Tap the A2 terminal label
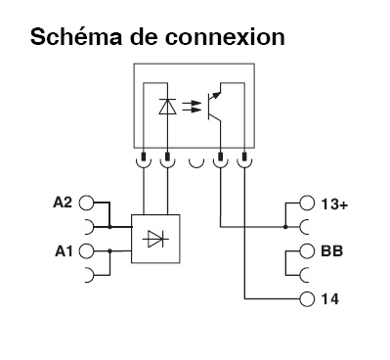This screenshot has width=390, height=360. point(61,203)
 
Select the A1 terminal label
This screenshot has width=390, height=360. point(61,250)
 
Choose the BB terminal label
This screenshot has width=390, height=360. point(330,250)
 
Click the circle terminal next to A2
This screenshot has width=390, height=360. point(86,203)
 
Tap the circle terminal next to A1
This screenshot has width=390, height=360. point(86,250)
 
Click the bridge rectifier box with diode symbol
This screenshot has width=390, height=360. point(154,238)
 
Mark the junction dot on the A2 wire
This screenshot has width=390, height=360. point(109,227)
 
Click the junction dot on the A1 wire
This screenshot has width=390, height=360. point(109,250)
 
